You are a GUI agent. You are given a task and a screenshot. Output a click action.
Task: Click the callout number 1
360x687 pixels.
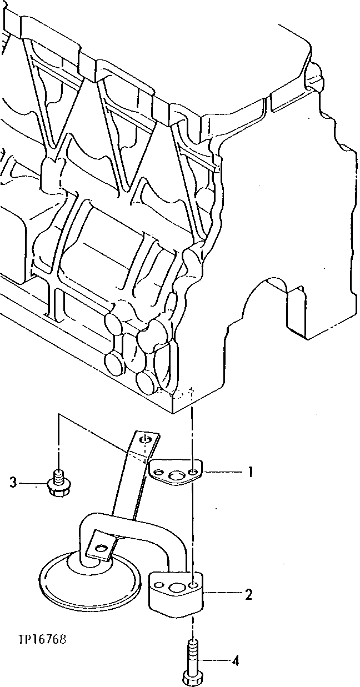tap(251, 473)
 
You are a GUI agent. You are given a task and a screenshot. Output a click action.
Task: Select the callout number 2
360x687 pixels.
tap(249, 595)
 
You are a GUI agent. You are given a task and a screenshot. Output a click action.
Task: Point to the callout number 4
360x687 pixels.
tap(236, 661)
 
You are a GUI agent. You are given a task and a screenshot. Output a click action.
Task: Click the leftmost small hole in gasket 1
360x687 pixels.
tap(159, 473)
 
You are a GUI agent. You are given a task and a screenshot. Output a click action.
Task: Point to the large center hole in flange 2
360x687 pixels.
tap(177, 588)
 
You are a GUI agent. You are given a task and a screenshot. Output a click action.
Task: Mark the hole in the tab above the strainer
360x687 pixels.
tap(101, 549)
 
